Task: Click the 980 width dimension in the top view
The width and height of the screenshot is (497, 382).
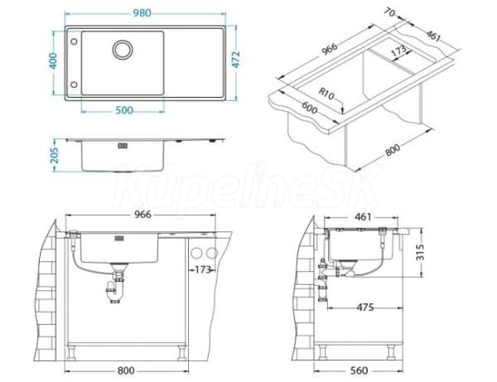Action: pos(142,13)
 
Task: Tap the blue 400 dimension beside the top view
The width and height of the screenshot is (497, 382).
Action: pos(53,60)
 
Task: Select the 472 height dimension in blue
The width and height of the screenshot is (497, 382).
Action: pos(236,60)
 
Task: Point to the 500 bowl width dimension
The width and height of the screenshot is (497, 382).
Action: pos(124,110)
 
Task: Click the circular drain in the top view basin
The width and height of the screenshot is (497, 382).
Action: pos(123,50)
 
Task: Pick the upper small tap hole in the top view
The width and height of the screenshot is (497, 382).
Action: pos(74,41)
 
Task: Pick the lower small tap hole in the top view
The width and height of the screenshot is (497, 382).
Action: pos(74,85)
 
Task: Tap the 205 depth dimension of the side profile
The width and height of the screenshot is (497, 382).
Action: pos(55,155)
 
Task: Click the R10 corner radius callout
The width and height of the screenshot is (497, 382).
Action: pos(326,94)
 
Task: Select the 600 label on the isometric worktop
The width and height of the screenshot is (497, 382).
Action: pos(309,108)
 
